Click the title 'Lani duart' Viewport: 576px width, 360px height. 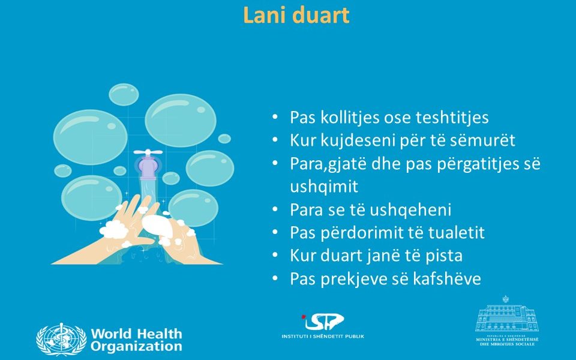pos(296,16)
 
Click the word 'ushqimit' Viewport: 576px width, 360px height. pos(323,187)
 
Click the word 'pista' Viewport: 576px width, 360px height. pos(444,256)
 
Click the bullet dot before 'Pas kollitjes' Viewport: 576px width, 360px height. pos(275,117)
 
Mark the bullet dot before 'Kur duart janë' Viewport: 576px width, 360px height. pos(275,256)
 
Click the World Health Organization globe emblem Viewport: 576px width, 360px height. pos(61,340)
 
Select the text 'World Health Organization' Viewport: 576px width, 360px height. pos(136,340)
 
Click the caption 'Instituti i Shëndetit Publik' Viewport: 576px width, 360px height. pos(323,336)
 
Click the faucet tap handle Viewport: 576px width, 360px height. pos(148,152)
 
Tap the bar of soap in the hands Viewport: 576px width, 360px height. pos(157,224)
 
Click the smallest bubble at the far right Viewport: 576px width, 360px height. pos(224,139)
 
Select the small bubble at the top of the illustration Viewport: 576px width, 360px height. pos(124,94)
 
